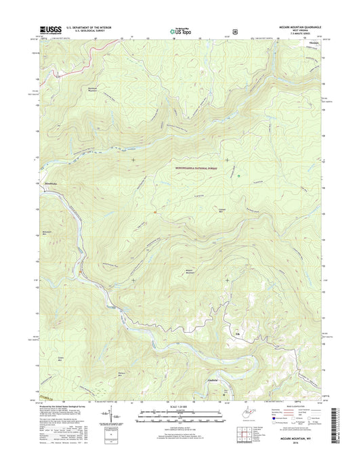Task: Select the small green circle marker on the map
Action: click(x=238, y=176)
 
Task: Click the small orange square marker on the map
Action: click(x=155, y=212)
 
